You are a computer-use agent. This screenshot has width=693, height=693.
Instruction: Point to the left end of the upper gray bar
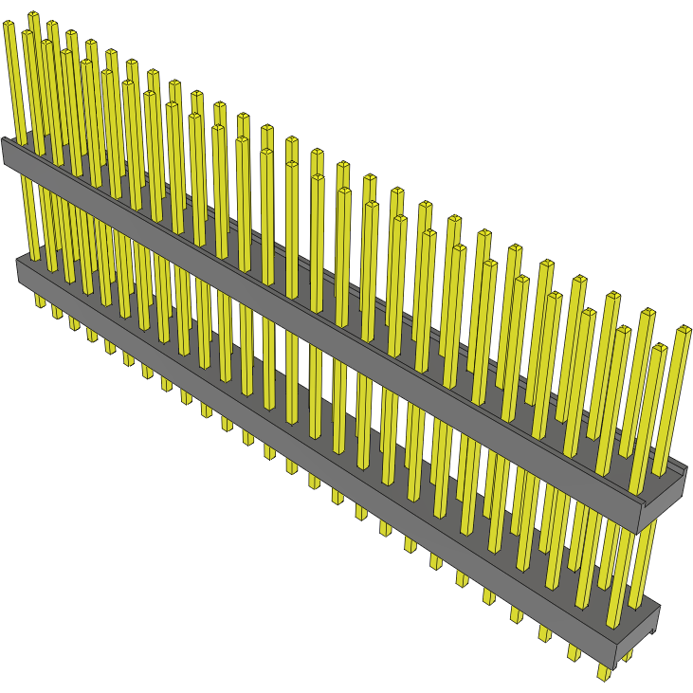(x=7, y=152)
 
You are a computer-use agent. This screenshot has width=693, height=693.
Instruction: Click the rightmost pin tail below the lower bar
(x=604, y=672)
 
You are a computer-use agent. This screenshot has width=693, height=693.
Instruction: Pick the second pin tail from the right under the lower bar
(x=574, y=654)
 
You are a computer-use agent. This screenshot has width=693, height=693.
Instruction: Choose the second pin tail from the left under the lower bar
(x=56, y=310)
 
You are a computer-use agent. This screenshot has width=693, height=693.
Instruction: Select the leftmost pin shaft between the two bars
(x=30, y=218)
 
